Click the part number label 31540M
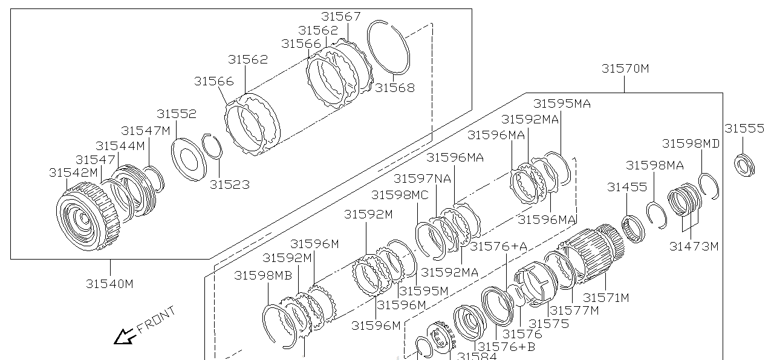pos(109,283)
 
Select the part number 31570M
pos(625,68)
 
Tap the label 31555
pos(744,128)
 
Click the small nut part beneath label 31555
pos(744,165)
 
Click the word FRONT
pos(157,319)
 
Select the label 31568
pos(395,88)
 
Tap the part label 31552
pos(177,114)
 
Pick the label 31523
pos(229,185)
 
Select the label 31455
pos(627,188)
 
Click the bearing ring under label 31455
pos(634,227)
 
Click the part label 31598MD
pos(691,143)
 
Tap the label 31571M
pos(606,297)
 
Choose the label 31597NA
pos(422,178)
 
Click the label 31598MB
pos(263,275)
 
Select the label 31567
pos(340,16)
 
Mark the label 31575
pos(548,323)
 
